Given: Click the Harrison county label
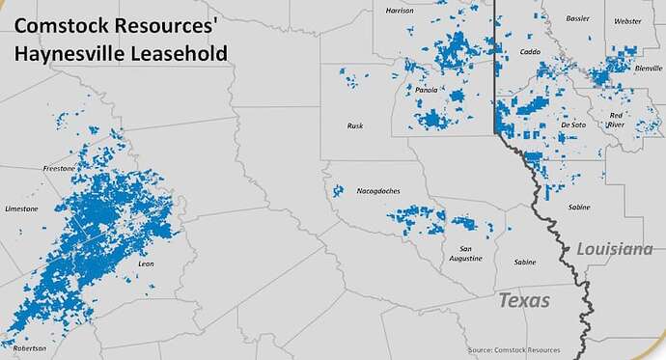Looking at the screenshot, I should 399,11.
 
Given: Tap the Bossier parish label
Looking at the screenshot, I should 578,18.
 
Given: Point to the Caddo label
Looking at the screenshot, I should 530,51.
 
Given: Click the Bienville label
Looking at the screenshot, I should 636,69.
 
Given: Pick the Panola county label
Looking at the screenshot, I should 427,90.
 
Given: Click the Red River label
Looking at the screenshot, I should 616,121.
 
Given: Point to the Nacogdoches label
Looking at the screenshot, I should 377,191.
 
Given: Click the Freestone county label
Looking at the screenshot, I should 59,168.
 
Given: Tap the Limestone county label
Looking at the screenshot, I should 21,208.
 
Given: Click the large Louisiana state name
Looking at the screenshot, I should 614,249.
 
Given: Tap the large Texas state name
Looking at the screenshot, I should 524,300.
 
